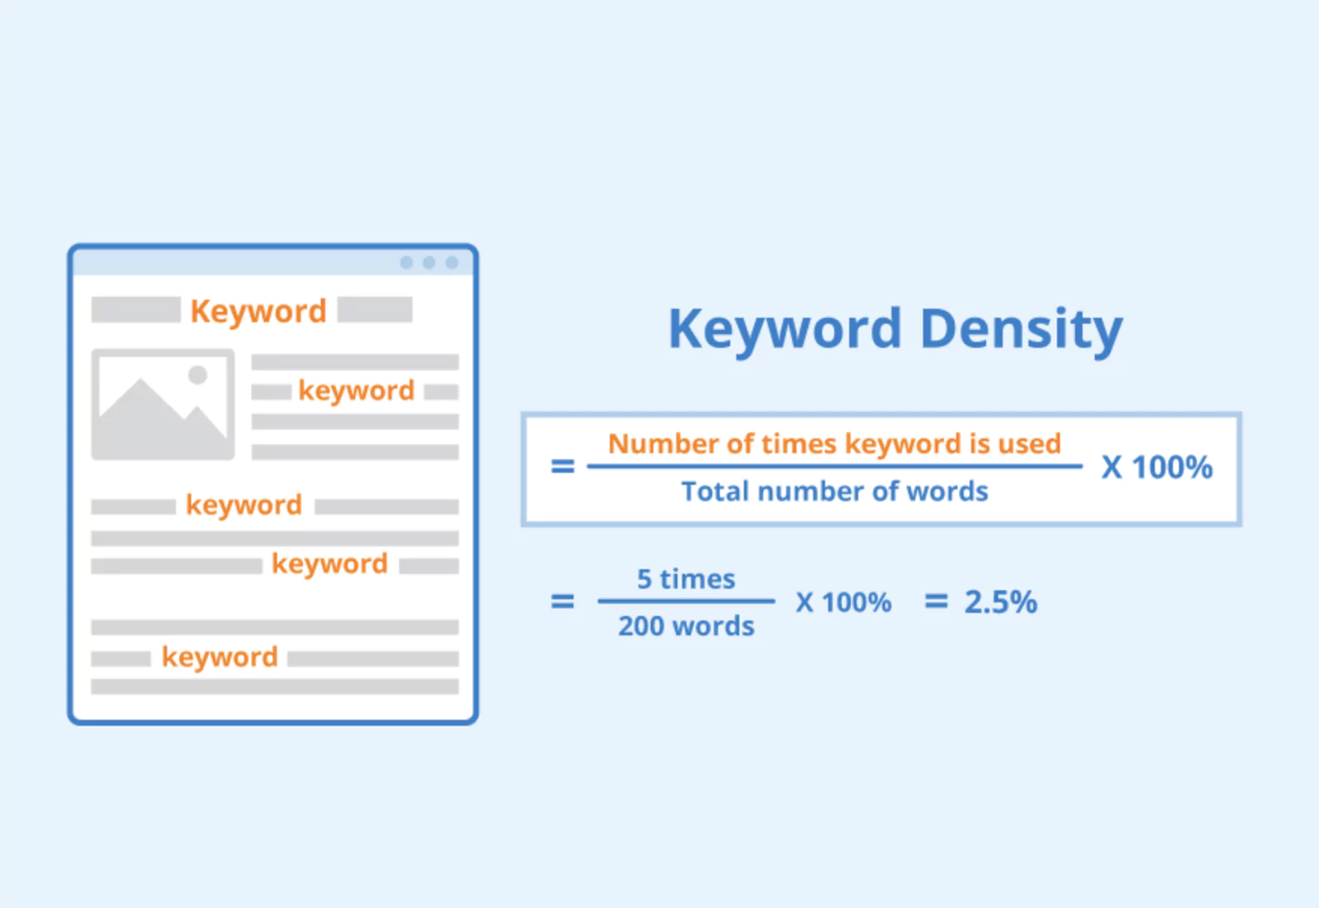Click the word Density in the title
1021,329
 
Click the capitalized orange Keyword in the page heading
259,311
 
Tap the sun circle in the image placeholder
198,374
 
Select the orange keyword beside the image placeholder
356,391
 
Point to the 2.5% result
1001,601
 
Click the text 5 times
686,579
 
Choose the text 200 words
686,626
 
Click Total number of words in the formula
834,492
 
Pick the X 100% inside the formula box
1157,468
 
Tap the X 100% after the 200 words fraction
843,602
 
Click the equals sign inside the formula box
562,467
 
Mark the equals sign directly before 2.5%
936,601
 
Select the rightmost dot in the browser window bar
452,263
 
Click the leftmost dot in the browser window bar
406,263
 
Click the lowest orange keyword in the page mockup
219,657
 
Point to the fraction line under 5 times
686,601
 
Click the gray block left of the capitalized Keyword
136,310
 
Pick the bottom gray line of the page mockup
275,687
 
